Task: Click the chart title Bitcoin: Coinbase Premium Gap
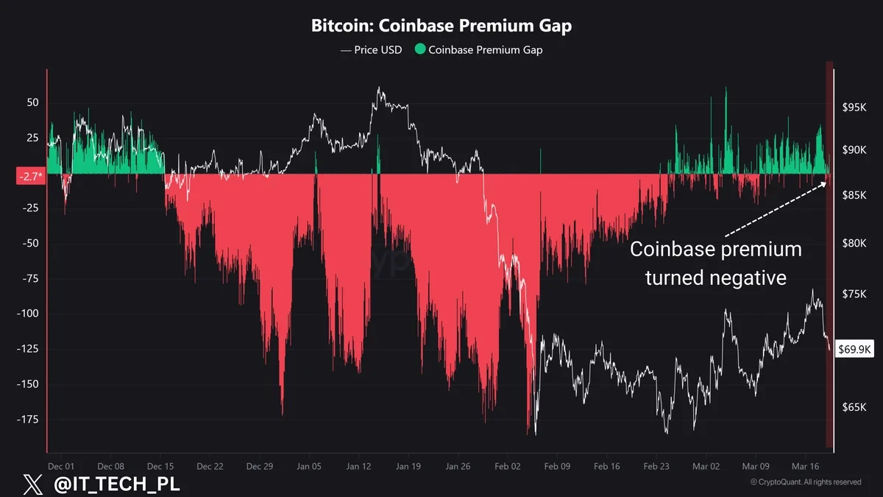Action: click(441, 26)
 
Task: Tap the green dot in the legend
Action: click(420, 50)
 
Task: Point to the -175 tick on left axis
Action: click(27, 420)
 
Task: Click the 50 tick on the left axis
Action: click(32, 102)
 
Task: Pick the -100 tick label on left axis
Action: click(27, 314)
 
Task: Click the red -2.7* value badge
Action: click(30, 177)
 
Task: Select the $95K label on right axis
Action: click(854, 107)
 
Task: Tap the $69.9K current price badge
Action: click(855, 349)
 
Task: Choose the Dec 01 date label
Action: click(60, 466)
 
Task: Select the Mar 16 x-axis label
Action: click(804, 466)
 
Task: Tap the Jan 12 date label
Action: click(358, 466)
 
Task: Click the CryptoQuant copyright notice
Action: click(805, 482)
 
